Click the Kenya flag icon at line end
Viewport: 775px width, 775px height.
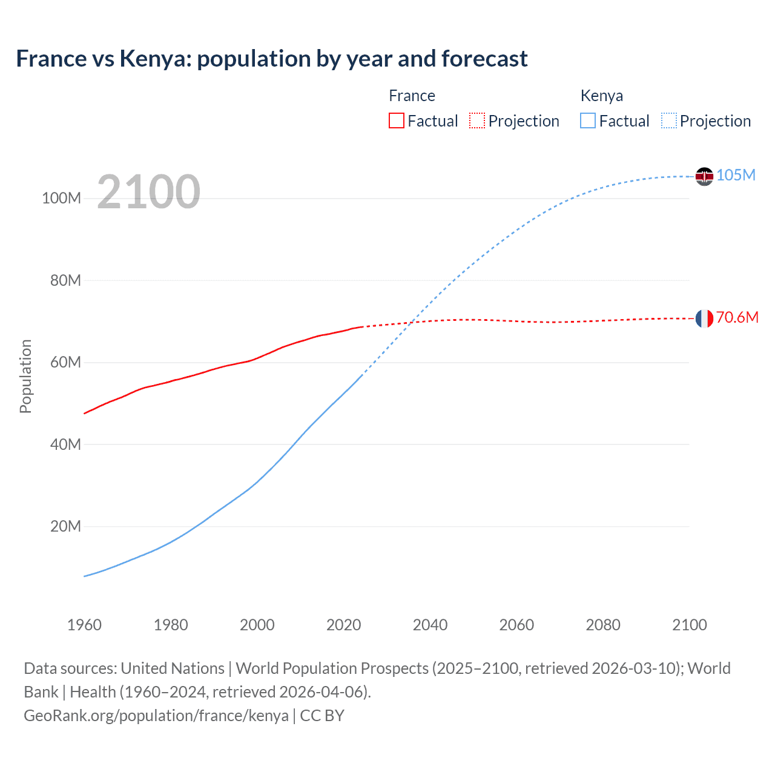coord(704,176)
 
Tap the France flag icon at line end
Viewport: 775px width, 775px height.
coord(704,318)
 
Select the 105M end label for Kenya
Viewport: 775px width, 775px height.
coord(736,175)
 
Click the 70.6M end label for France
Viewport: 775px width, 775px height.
coord(737,317)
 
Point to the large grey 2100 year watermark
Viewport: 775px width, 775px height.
coord(148,192)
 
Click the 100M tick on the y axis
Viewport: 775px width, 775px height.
coord(61,199)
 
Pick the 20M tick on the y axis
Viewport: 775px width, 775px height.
coord(65,526)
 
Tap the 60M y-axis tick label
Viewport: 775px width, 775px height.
coord(65,363)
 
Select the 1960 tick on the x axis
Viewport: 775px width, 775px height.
coord(84,625)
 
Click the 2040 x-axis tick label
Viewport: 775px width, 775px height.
coord(430,625)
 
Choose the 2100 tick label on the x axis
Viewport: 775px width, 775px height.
coord(689,625)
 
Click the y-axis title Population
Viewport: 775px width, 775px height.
coord(25,376)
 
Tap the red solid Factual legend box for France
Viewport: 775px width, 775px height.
coord(396,120)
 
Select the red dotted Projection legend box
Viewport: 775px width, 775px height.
coord(477,120)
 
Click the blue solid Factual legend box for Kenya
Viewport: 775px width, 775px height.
coord(588,120)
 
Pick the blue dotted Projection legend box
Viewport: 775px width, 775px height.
coord(669,120)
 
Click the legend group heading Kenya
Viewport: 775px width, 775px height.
coord(601,96)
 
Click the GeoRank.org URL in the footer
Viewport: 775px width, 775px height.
coord(156,715)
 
